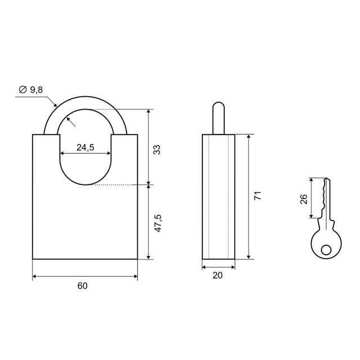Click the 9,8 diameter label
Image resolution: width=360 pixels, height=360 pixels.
37,90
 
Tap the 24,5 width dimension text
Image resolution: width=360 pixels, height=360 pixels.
85,147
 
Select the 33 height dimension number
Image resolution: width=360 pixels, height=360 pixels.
156,150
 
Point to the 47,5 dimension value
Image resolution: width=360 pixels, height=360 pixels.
158,223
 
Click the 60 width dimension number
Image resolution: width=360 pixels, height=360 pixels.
83,286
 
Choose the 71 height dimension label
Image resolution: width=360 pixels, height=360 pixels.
258,195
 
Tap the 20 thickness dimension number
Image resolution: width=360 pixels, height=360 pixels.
218,275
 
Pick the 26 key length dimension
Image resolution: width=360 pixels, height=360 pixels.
304,199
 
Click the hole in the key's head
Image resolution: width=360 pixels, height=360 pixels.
326,250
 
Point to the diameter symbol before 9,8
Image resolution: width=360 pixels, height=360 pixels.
22,89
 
